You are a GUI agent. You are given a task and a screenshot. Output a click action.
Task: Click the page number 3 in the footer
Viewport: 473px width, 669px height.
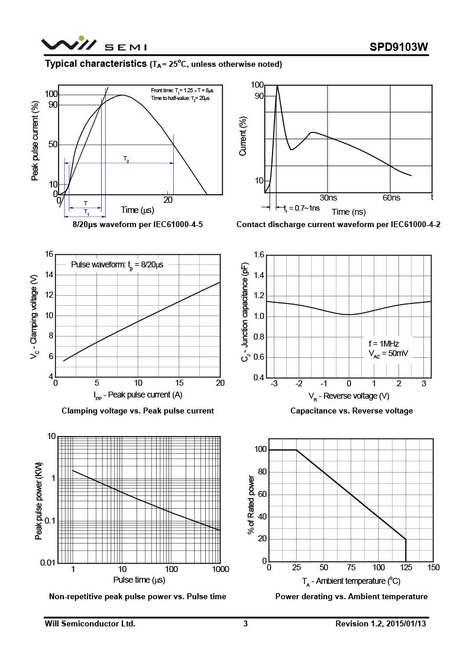[x=245, y=623]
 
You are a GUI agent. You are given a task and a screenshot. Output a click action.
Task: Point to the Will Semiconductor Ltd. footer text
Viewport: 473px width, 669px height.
[x=90, y=623]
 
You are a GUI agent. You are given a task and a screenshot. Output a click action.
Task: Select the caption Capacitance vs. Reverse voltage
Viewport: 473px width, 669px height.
[x=351, y=411]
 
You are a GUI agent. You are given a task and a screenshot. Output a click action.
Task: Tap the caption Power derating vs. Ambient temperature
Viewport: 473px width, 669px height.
[x=351, y=596]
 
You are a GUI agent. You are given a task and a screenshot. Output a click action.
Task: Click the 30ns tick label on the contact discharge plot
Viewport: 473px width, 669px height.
[x=328, y=198]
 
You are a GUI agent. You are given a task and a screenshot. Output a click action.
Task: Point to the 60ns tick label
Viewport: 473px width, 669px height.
[x=391, y=198]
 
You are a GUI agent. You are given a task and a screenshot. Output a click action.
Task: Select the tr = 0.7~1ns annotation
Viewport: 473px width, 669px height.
[x=302, y=208]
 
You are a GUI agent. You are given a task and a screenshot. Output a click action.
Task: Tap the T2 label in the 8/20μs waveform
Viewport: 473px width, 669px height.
[x=127, y=159]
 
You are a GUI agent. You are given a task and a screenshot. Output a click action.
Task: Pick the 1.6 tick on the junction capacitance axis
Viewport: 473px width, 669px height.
[x=258, y=255]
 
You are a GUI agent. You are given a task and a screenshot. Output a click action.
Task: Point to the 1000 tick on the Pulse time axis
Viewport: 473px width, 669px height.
[x=220, y=569]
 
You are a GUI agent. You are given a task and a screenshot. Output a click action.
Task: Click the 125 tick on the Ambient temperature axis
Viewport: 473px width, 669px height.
[x=406, y=568]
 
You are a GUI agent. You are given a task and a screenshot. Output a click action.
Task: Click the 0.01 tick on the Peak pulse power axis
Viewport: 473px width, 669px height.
[x=48, y=562]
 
